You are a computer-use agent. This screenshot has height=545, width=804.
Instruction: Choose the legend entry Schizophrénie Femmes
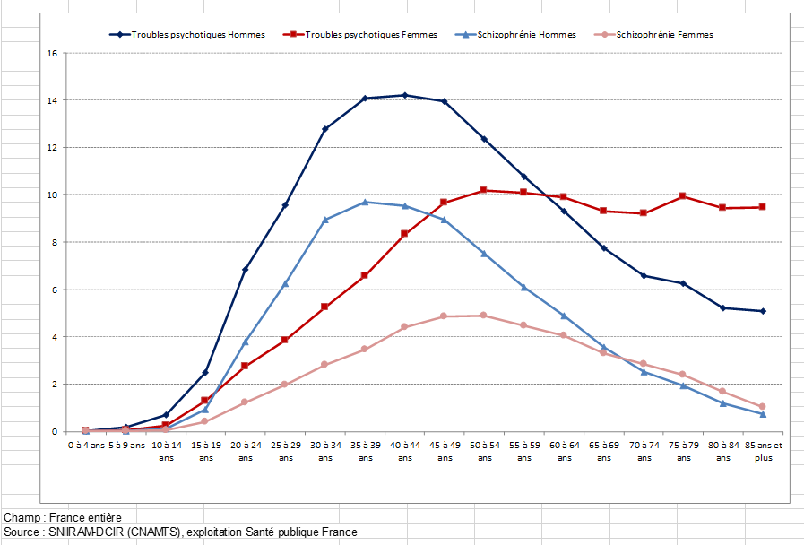pyautogui.click(x=664, y=35)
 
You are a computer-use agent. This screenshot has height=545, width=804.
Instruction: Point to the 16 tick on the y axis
pyautogui.click(x=52, y=53)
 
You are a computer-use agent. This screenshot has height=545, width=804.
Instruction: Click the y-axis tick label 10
pyautogui.click(x=52, y=195)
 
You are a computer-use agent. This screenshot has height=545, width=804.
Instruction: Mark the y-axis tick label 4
pyautogui.click(x=54, y=337)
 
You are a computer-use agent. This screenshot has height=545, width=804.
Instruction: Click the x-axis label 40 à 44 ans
pyautogui.click(x=404, y=451)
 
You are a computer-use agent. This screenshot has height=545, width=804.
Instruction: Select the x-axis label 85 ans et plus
pyautogui.click(x=763, y=451)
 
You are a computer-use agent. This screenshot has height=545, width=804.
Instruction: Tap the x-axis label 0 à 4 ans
pyautogui.click(x=86, y=445)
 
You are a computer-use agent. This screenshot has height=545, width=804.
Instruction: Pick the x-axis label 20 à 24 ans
pyautogui.click(x=246, y=451)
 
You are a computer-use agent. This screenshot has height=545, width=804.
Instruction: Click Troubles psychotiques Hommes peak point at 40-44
pyautogui.click(x=405, y=95)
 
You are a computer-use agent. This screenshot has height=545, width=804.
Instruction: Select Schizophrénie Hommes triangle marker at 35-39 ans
pyautogui.click(x=365, y=202)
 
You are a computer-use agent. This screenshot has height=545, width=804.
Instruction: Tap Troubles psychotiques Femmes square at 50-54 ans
pyautogui.click(x=484, y=190)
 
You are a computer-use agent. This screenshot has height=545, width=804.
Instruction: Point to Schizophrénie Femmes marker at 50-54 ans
pyautogui.click(x=484, y=316)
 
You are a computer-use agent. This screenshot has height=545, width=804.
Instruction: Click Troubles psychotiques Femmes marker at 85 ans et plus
pyautogui.click(x=763, y=207)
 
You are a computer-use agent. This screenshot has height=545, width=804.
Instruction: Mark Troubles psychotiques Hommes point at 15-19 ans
pyautogui.click(x=205, y=372)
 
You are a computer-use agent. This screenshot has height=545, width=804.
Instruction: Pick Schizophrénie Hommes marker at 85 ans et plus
pyautogui.click(x=763, y=414)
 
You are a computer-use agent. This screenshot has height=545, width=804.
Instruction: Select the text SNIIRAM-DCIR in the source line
pyautogui.click(x=84, y=532)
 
